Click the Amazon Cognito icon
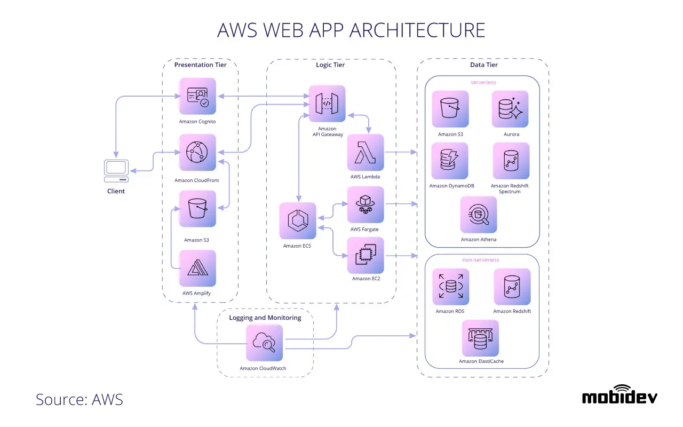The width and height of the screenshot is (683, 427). coord(198,96)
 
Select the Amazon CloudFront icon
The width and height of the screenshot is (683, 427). coord(198,153)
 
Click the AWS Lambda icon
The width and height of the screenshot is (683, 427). coord(366,153)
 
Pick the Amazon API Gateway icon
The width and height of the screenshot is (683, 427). coord(327,104)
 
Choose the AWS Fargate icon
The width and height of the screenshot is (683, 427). coord(366,204)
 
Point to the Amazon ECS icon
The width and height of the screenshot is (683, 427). coord(298,220)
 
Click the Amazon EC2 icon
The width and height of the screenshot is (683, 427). coord(366,255)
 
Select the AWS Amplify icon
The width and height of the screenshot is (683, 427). coord(198,268)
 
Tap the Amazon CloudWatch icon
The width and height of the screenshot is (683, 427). coord(264,343)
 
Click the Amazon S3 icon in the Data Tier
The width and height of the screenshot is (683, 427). coord(450,109)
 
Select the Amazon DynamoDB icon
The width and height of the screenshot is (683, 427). coord(450,161)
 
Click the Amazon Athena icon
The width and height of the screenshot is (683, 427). coord(479,215)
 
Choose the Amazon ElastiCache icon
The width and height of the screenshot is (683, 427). coord(481,338)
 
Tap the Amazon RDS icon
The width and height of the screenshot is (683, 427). coord(451,287)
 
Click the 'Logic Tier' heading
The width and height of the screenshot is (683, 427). coord(330,65)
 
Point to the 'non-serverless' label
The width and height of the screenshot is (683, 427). coord(481,260)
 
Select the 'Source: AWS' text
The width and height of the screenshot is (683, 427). coord(80,399)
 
